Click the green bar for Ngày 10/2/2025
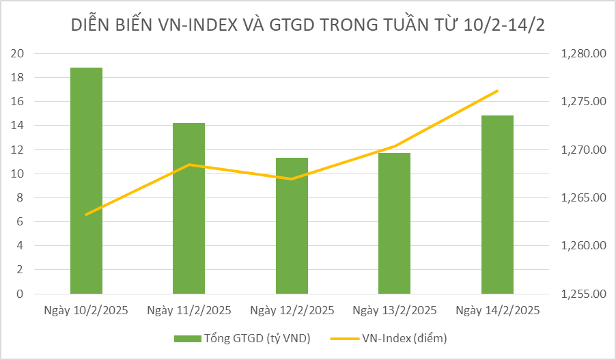(87, 180)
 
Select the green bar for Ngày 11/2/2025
(189, 208)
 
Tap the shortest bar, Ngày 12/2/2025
(292, 225)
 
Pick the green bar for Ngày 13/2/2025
(394, 223)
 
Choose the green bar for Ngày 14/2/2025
(497, 205)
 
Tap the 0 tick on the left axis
(21, 294)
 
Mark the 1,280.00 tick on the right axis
(583, 53)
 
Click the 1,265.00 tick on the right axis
(583, 198)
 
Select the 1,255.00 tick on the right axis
(583, 294)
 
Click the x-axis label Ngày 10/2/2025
(87, 310)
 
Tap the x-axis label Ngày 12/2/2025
(292, 310)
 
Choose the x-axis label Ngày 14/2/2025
(497, 310)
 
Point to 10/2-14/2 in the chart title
(504, 25)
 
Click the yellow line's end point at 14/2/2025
(497, 91)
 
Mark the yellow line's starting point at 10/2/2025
(87, 214)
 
